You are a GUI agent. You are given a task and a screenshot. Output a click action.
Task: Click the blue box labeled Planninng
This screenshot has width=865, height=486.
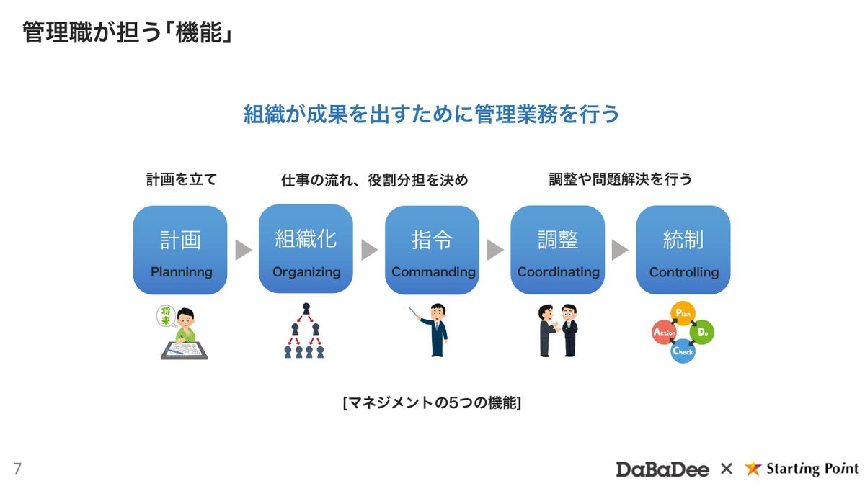click(x=180, y=251)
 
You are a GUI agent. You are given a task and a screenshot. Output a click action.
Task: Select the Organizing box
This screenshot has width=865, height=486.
click(x=306, y=249)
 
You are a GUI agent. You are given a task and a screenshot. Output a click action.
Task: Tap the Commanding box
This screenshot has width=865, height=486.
click(x=432, y=251)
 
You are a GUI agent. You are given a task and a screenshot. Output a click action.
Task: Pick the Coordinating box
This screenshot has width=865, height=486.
click(x=558, y=251)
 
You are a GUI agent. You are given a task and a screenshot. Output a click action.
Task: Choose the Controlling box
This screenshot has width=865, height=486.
click(x=683, y=251)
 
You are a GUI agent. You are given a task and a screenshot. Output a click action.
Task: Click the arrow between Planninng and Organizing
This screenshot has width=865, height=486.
click(x=244, y=250)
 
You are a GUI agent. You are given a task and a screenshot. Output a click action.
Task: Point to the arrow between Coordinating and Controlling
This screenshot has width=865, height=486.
click(x=620, y=250)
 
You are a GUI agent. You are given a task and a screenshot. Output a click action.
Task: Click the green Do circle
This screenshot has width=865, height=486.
click(x=702, y=333)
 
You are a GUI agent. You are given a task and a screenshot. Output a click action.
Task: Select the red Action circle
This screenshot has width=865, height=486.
click(x=664, y=333)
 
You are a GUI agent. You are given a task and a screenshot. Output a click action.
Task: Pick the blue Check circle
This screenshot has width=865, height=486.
click(x=683, y=351)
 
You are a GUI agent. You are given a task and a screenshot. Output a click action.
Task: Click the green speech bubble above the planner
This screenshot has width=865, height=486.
click(x=166, y=315)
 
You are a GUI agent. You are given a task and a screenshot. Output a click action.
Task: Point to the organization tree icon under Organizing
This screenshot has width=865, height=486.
click(x=305, y=330)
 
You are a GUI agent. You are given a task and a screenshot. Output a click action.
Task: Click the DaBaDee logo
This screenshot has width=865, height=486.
click(x=662, y=469)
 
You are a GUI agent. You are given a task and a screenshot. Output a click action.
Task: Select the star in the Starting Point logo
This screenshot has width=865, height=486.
click(x=753, y=469)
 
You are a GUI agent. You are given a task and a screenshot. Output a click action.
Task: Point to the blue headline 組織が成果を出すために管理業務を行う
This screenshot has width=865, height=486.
click(x=432, y=114)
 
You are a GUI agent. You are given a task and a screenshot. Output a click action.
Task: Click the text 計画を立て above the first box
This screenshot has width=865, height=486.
click(x=181, y=179)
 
